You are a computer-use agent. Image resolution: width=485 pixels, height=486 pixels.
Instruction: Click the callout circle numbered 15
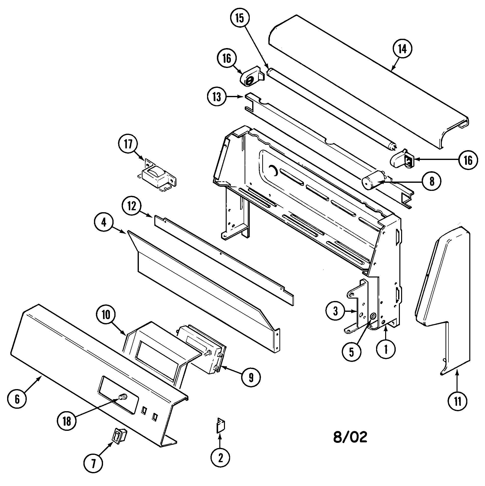[240, 18]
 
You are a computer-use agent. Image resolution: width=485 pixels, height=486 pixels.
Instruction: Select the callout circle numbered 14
[402, 49]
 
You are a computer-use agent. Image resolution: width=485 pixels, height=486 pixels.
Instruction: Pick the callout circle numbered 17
[128, 144]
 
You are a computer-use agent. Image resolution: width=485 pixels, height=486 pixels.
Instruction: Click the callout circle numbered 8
[432, 181]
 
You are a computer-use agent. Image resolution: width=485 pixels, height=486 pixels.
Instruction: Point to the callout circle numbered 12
[132, 207]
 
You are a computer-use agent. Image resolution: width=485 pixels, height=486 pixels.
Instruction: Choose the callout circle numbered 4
[104, 223]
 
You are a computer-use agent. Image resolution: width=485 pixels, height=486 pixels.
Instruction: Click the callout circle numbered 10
[106, 315]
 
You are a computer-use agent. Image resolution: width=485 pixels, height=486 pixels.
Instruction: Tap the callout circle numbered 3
[335, 311]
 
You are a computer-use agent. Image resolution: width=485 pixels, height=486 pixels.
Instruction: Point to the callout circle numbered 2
[220, 458]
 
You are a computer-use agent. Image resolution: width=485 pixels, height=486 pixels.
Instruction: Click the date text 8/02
[350, 437]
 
